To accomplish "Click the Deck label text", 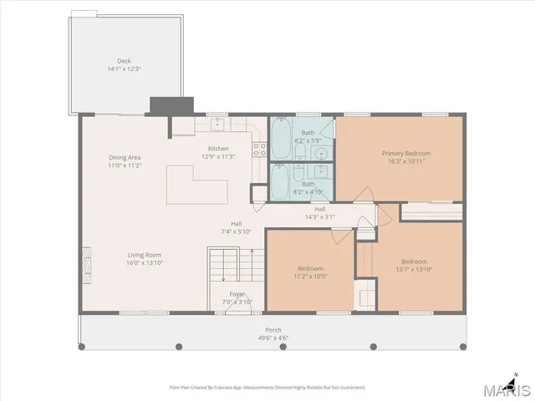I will pos(124,60).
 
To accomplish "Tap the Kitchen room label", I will pos(218,149).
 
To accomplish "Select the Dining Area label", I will pos(124,158).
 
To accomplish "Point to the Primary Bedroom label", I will pos(405,153).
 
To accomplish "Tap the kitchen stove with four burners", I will pos(259,151).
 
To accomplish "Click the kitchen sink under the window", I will pos(216,124).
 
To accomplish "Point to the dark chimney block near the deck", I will pos(171,106).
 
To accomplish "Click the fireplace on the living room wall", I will pos(84,254).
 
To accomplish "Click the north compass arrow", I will pos(516,376).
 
